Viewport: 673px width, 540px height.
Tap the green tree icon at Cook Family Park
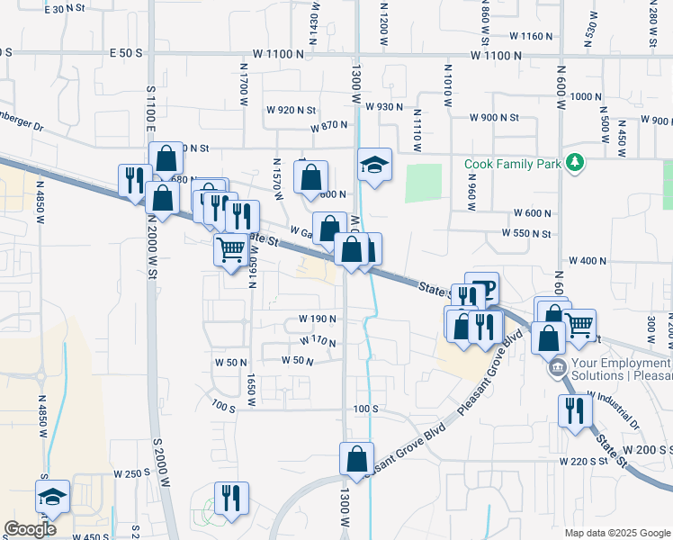[x=575, y=163]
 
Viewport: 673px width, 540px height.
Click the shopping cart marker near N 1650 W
[x=231, y=248]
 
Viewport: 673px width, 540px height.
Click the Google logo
[x=31, y=529]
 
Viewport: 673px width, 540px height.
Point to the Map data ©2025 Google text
[x=616, y=533]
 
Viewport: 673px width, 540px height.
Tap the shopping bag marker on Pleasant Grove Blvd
[x=356, y=458]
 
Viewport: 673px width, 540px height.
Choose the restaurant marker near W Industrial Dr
[x=575, y=410]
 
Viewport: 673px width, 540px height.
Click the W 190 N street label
[x=317, y=319]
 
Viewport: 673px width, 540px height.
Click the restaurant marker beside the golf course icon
[x=232, y=499]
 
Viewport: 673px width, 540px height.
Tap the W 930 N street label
[x=384, y=106]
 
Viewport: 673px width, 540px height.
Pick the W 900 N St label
[x=494, y=118]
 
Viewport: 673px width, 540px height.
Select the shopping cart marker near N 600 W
[x=579, y=324]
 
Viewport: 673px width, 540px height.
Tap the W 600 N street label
[x=532, y=212]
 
